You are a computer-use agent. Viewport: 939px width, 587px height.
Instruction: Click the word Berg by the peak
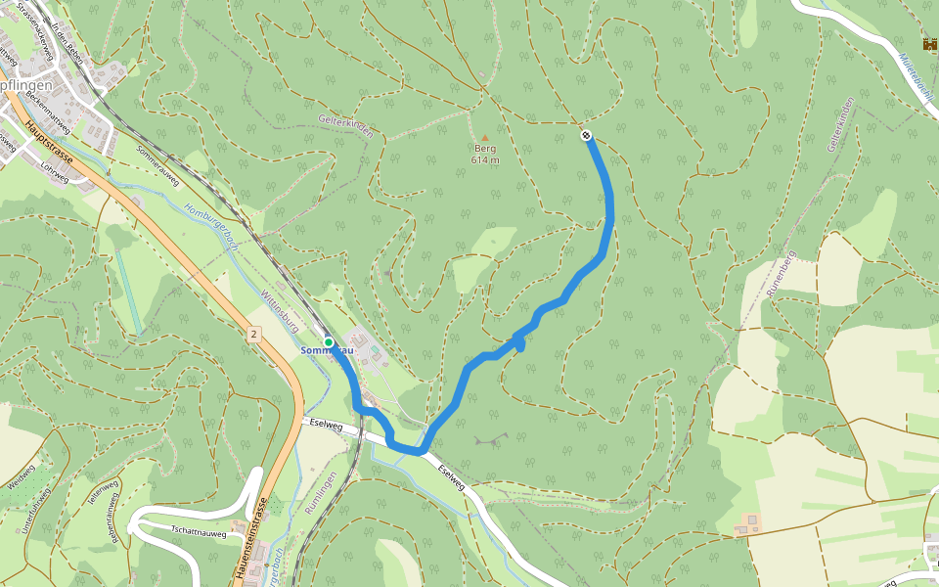[485, 149]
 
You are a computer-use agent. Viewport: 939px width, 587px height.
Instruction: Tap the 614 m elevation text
[485, 159]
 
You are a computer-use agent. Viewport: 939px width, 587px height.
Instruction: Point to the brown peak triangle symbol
[484, 137]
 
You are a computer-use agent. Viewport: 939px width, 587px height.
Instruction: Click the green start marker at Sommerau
[330, 342]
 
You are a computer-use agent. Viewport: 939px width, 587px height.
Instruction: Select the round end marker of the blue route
[586, 135]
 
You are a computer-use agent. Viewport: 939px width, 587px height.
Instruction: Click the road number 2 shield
[253, 335]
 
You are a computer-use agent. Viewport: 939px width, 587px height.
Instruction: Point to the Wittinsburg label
[278, 309]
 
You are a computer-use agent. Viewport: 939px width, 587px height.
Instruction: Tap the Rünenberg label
[779, 273]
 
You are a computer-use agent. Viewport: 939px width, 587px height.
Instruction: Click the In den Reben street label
[69, 43]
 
